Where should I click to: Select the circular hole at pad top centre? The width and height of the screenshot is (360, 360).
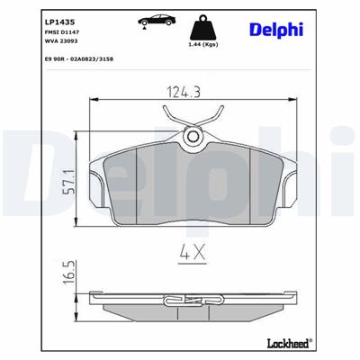click(x=193, y=137)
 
